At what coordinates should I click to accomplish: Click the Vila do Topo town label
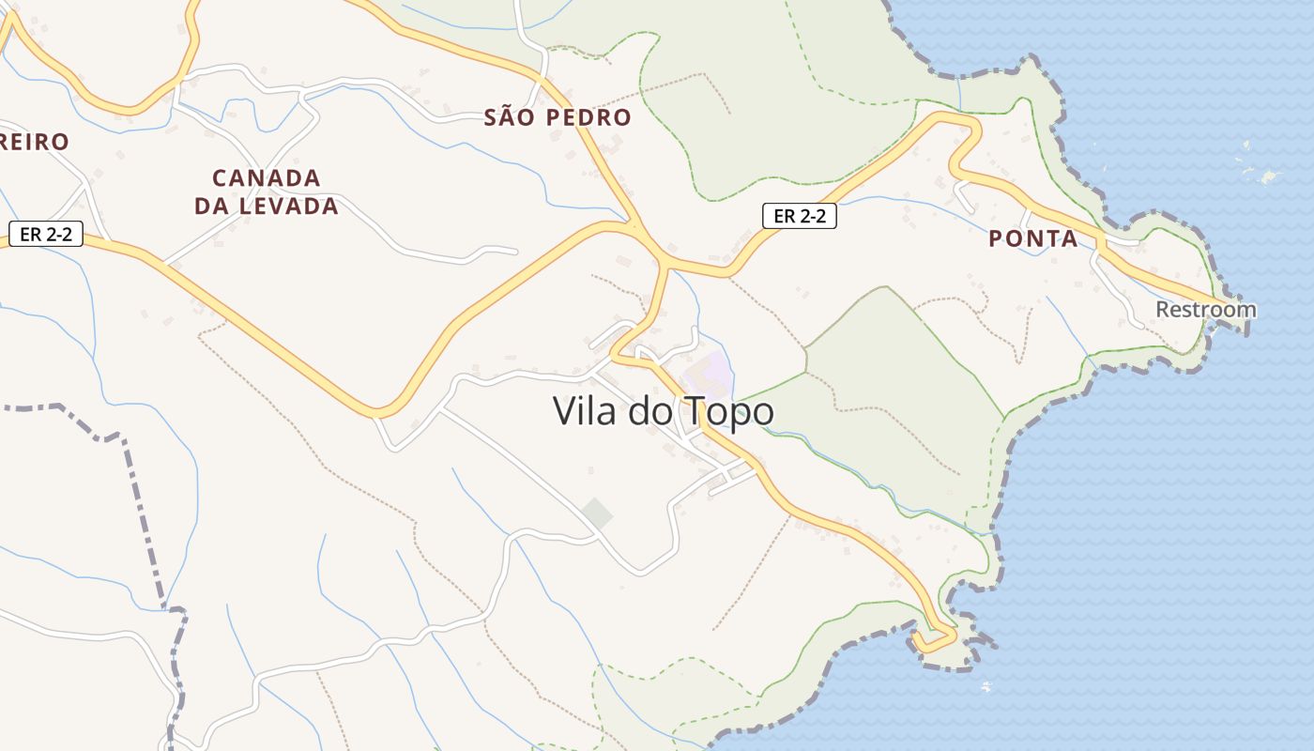pos(663,411)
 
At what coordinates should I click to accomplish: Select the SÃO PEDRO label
pos(558,117)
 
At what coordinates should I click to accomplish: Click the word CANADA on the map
pos(267,177)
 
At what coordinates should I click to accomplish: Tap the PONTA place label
pos(1033,238)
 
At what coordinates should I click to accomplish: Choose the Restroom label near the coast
pos(1205,309)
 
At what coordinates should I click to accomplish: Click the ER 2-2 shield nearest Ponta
pos(799,216)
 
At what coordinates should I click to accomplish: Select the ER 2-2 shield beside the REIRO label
pos(46,234)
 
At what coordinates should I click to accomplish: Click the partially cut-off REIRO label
pos(34,142)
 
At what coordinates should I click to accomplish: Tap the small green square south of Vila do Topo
pos(596,513)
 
